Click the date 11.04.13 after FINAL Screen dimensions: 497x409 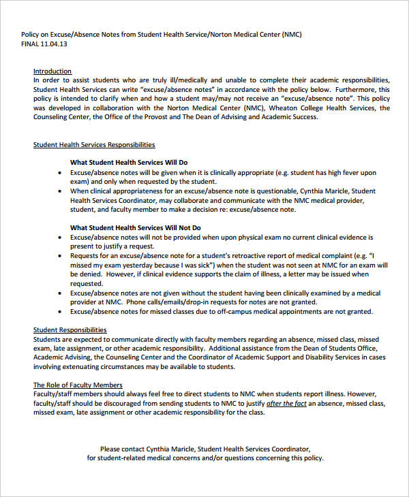(x=56, y=44)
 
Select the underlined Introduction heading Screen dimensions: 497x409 (x=52, y=71)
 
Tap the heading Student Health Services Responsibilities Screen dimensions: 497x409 (x=94, y=144)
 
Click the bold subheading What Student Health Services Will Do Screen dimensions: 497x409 (x=129, y=163)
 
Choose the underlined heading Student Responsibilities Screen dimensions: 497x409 (x=70, y=330)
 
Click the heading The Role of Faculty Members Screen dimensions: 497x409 (x=78, y=385)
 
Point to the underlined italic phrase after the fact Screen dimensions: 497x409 (x=286, y=403)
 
